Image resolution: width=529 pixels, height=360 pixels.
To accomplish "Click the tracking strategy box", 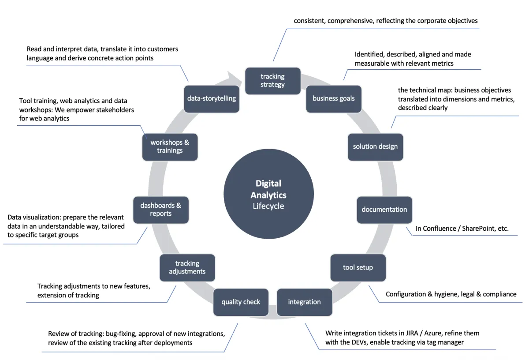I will (x=272, y=81).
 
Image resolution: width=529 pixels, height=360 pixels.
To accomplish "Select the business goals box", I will (x=333, y=98).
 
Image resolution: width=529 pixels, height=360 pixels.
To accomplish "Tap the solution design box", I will (x=375, y=146).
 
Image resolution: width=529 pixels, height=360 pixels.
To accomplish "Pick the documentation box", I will (x=384, y=210).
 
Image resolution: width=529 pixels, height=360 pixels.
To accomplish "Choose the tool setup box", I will (x=358, y=267).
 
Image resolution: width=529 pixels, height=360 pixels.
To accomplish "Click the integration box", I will (x=304, y=302).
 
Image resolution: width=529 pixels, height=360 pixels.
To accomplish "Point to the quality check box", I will (x=241, y=302).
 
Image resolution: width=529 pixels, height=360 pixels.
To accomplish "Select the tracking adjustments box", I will (x=187, y=267).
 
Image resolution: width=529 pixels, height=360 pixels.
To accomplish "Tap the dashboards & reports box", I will (x=160, y=210).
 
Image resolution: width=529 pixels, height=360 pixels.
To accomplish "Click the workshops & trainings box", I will (x=170, y=146).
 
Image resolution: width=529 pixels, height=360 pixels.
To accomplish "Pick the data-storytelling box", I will (x=212, y=98).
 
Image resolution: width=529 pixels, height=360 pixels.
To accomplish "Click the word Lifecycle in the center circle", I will (x=268, y=206).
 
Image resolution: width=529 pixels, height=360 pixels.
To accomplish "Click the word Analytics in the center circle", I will (x=268, y=195).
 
